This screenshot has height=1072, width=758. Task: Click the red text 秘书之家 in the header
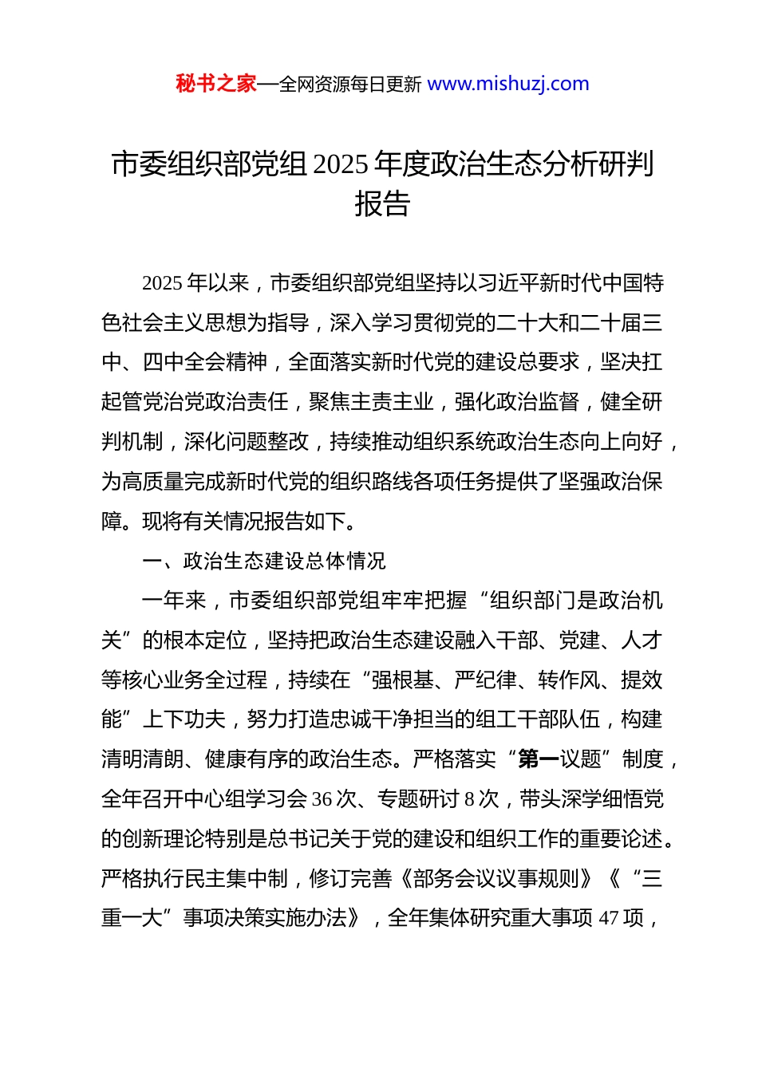point(215,84)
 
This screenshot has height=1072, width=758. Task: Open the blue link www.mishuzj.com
point(508,84)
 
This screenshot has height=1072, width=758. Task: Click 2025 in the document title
point(341,164)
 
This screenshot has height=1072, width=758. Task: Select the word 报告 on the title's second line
point(382,204)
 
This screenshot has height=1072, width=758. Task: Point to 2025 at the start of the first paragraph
point(162,283)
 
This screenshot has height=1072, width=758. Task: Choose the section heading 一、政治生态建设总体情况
point(263,562)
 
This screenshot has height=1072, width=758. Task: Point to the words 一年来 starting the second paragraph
point(173,601)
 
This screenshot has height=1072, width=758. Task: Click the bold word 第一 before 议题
point(539,759)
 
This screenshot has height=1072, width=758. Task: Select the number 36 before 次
point(322,799)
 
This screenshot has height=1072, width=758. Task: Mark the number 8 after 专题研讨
point(469,799)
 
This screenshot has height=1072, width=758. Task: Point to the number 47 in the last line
point(609,919)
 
